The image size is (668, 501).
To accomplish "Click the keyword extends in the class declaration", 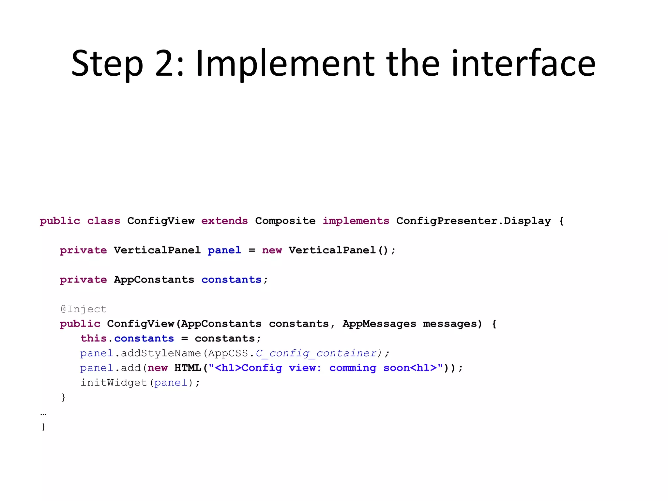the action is pos(224,221).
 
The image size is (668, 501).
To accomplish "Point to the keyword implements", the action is pos(356,221).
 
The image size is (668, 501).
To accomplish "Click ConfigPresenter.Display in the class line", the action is pos(473,221).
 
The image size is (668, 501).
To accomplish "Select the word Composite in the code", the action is pos(285,221).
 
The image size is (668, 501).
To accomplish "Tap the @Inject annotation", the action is pos(83,309).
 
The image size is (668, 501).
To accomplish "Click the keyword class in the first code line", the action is pos(103,221).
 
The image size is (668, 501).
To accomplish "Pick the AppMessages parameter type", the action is pos(379,324).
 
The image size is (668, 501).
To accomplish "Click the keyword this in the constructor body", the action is pos(94,338).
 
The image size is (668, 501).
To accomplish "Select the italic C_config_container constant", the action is pos(316,353).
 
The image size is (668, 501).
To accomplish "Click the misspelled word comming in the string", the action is pos(352,368).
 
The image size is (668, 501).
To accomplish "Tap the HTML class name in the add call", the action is pos(188,368).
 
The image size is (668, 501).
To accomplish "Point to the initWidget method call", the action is pos(114,383).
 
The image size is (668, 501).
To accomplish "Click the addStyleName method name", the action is pos(161,353).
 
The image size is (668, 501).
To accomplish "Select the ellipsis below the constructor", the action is pos(43,414).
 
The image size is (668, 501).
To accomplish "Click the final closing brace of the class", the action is pos(43,427).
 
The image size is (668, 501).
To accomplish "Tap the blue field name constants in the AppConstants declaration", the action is pos(231,280).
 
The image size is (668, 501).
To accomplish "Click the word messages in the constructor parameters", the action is pos(452,324).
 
